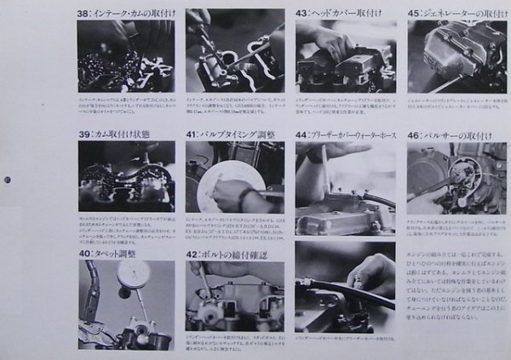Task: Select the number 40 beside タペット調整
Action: (84, 253)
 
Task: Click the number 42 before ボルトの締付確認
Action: (193, 253)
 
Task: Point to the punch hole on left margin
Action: (7, 180)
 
